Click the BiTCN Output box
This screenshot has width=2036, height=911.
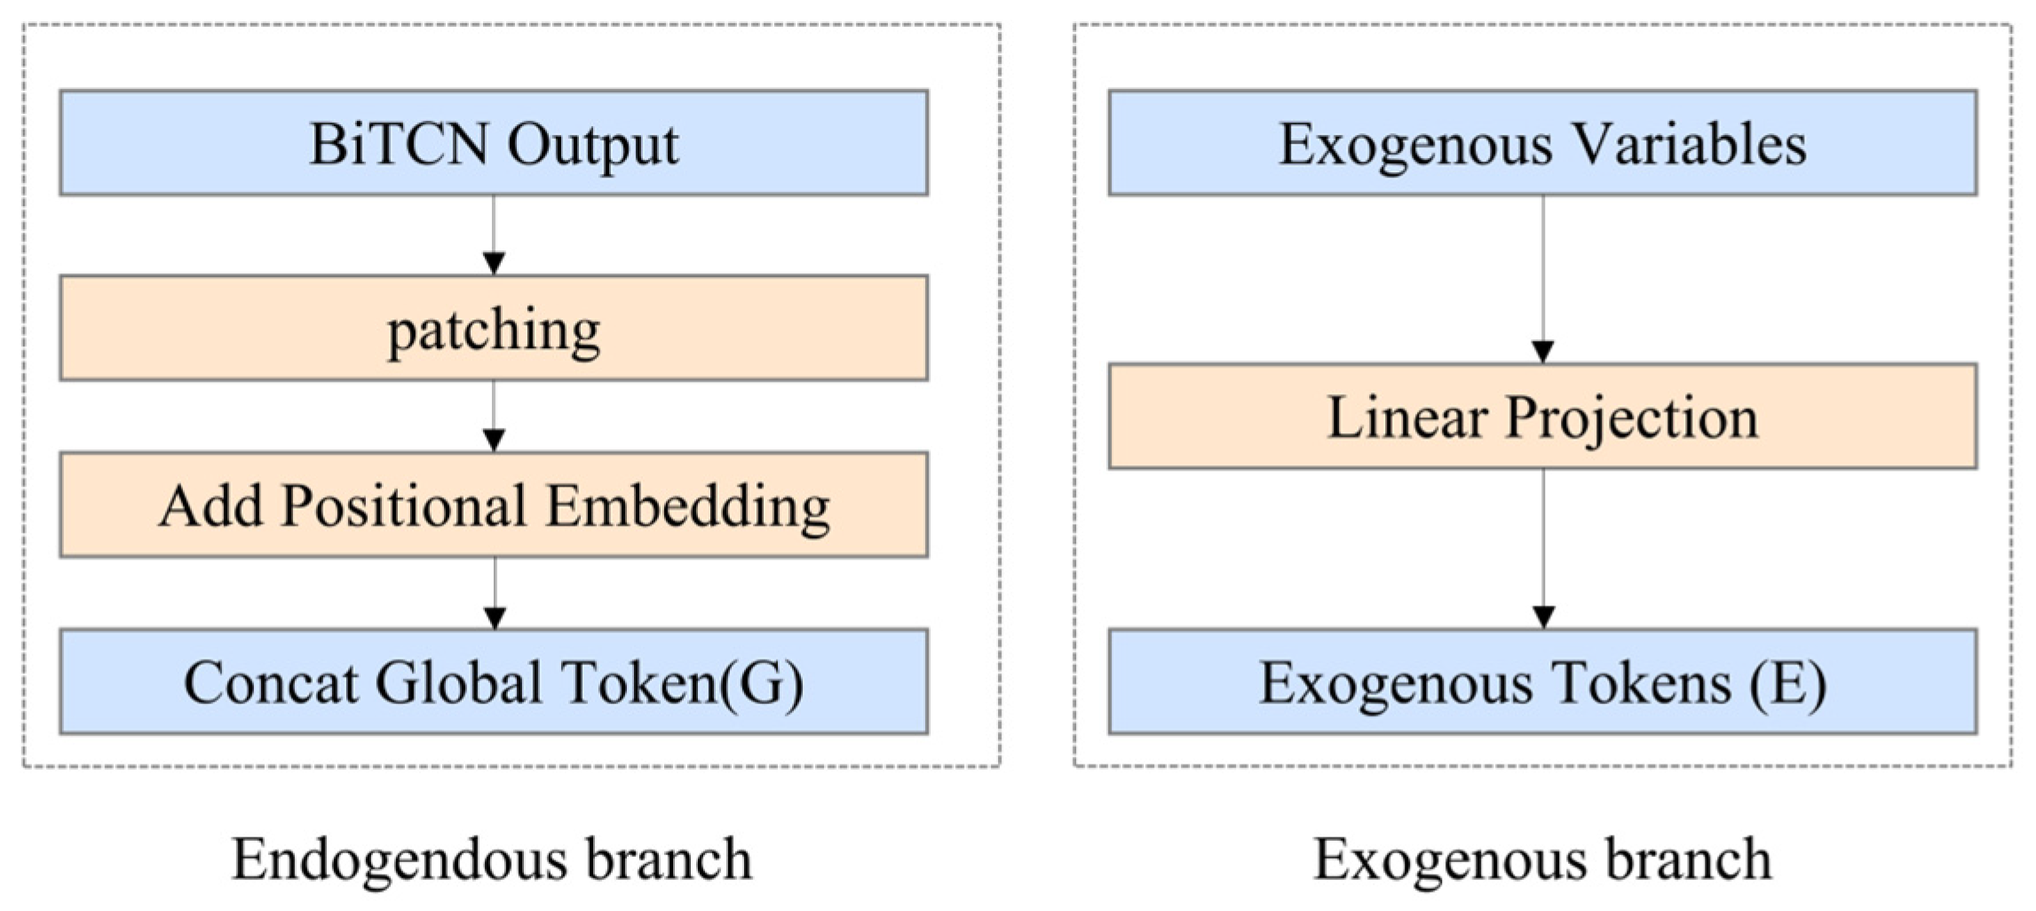pyautogui.click(x=494, y=142)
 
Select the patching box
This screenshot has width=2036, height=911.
pyautogui.click(x=494, y=328)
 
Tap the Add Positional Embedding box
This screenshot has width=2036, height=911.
pyautogui.click(x=494, y=504)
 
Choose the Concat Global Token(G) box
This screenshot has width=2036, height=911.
pyautogui.click(x=494, y=681)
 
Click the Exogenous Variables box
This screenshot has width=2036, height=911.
pyautogui.click(x=1542, y=142)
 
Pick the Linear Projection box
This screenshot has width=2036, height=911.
pyautogui.click(x=1542, y=416)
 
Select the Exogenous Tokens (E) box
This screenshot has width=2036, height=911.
pyautogui.click(x=1542, y=681)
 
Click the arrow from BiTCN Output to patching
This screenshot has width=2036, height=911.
pyautogui.click(x=494, y=235)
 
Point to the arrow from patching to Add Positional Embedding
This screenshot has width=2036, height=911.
pyautogui.click(x=494, y=416)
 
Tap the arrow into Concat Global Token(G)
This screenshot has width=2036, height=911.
pyautogui.click(x=495, y=593)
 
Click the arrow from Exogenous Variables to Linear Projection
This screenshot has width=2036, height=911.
pyautogui.click(x=1542, y=279)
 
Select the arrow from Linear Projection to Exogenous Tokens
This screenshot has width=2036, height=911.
pyautogui.click(x=1543, y=549)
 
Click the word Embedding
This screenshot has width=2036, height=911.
pyautogui.click(x=688, y=506)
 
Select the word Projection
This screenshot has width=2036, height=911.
pyautogui.click(x=1632, y=417)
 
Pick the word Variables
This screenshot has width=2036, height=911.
pyautogui.click(x=1680, y=143)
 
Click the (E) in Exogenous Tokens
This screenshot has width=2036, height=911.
pyautogui.click(x=1787, y=684)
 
